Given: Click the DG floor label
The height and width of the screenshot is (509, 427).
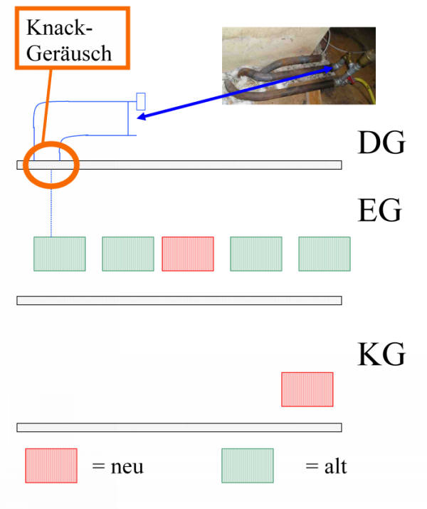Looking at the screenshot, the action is coord(381,142).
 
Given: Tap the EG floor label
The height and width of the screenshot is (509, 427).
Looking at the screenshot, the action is coord(380,210).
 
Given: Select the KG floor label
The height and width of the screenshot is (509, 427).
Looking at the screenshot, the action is coord(381,354).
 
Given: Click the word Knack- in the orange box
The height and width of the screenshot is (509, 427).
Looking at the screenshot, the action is coord(59,28).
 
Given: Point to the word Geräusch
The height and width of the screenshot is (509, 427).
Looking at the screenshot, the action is coord(69,53).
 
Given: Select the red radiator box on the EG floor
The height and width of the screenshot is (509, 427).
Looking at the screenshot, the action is coord(188,254).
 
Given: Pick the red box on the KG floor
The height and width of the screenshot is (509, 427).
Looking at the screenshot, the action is coord(307,389).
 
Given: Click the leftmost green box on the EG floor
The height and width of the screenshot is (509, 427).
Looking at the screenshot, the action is coord(60,254).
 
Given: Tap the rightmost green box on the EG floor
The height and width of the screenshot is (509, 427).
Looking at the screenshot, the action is coord(325,254).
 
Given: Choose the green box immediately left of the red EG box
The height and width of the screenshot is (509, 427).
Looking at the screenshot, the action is coord(128,254).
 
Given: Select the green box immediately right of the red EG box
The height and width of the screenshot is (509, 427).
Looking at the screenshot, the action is coord(256,254).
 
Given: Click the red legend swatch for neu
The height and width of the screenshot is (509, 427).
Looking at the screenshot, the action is coord(51,466).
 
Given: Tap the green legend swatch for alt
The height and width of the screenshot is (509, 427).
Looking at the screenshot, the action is coord(248,466).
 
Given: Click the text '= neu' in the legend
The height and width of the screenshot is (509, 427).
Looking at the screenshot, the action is coord(117,467).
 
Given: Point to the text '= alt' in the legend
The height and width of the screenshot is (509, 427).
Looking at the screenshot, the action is coord(326,467).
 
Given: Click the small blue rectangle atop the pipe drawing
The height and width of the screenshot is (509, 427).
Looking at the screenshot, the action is coord(141,102).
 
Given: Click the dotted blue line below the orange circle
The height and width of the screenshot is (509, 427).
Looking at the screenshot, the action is coord(51,204).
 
